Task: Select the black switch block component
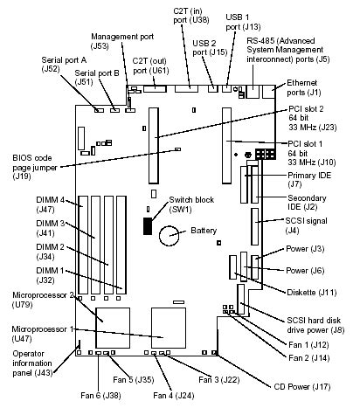[x=148, y=227]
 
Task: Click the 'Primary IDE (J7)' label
[x=307, y=178]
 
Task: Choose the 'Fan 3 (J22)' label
[x=219, y=379]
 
